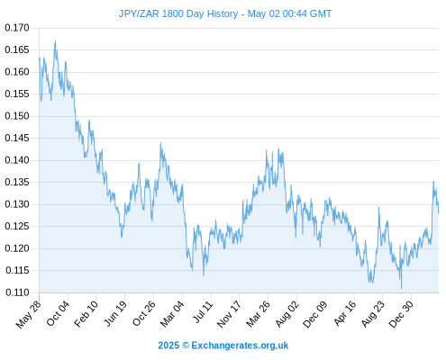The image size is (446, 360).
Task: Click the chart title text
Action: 225,13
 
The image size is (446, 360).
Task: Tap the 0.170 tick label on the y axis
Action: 17,28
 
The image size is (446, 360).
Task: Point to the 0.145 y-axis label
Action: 17,138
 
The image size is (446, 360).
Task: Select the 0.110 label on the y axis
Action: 17,292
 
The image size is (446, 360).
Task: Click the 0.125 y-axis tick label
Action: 17,226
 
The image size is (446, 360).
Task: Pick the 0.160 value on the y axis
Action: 17,72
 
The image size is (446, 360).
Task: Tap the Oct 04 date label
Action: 58,313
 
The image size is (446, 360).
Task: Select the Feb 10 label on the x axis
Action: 86,313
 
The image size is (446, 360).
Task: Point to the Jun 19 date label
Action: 115,313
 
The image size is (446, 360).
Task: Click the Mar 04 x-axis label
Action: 172,314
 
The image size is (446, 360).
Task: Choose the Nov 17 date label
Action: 229,314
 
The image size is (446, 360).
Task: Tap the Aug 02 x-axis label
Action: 287,314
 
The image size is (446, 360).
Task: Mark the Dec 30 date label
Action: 401,314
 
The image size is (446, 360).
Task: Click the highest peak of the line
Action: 55,41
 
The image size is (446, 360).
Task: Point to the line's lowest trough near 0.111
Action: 401,289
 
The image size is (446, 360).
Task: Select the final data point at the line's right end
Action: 439,213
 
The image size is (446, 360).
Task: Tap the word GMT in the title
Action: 321,13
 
